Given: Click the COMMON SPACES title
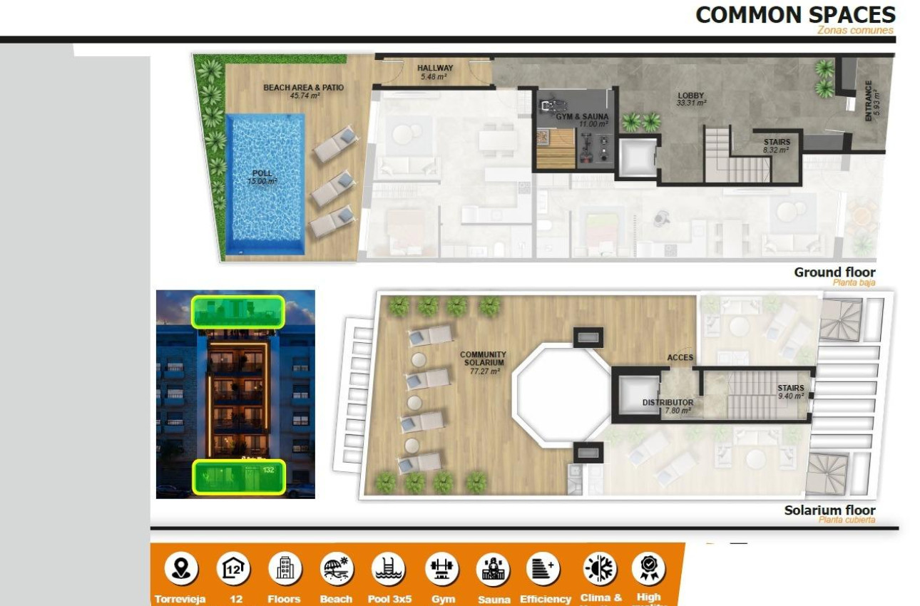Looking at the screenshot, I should click(794, 15).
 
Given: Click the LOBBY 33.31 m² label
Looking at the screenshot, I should click(690, 99).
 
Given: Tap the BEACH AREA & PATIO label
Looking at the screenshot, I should click(303, 91).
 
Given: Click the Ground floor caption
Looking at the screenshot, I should click(834, 272).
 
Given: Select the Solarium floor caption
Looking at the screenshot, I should click(829, 510).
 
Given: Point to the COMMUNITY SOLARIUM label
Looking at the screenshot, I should click(483, 362).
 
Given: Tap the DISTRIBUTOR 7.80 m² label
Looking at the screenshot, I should click(668, 406).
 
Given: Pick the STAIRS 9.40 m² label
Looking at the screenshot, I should click(790, 391).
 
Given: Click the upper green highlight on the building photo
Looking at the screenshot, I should click(237, 312).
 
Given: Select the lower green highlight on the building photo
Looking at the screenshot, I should click(239, 476).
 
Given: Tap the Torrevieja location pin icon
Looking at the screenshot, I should click(181, 569).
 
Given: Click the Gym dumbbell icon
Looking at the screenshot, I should click(442, 569).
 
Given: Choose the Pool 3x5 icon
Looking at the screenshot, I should click(389, 569).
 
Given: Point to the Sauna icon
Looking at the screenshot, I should click(494, 569).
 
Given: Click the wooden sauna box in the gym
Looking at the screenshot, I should click(555, 148).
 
